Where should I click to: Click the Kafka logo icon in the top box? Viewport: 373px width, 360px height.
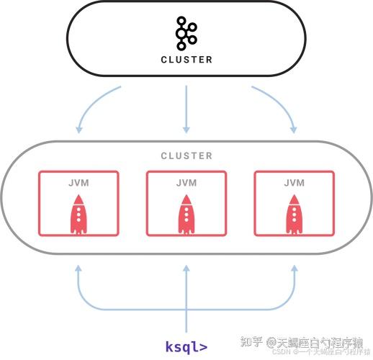pos(186,34)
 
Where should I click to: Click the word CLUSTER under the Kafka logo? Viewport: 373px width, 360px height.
pos(186,60)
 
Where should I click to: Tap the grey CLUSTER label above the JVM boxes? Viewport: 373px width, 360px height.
pos(186,156)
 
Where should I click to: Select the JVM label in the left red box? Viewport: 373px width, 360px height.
pos(78,183)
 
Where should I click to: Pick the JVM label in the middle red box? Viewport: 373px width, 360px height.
pos(186,183)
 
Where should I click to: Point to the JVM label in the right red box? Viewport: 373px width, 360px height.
pos(295,183)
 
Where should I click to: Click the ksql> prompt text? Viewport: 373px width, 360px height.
pos(186,346)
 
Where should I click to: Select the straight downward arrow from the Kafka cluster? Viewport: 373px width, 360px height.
pos(186,108)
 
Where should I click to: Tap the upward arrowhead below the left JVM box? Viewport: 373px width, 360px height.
pos(78,267)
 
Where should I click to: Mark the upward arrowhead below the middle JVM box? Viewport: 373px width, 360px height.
pos(186,267)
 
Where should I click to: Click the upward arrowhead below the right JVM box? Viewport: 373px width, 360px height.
pos(295,267)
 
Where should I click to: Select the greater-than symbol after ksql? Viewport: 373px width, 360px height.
pos(204,346)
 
